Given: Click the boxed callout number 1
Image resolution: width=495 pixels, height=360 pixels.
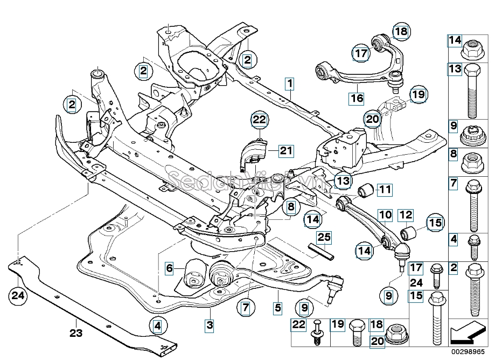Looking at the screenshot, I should click(290, 85).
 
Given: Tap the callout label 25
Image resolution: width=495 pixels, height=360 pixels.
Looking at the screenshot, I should click(324, 237).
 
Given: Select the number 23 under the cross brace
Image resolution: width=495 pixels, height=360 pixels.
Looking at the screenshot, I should click(76, 333).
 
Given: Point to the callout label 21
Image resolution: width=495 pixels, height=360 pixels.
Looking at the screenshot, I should click(285, 151).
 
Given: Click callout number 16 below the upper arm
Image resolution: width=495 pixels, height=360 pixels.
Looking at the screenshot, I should click(357, 99).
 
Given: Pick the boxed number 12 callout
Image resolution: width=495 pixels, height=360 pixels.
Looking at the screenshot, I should click(406, 216).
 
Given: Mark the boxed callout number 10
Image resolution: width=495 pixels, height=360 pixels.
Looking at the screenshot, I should click(385, 216).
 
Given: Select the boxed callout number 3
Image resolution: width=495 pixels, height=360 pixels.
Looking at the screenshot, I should click(210, 325).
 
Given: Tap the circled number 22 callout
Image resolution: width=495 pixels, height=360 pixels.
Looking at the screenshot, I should click(260, 120).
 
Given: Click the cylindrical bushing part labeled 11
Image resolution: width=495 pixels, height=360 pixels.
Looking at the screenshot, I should click(366, 190).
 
